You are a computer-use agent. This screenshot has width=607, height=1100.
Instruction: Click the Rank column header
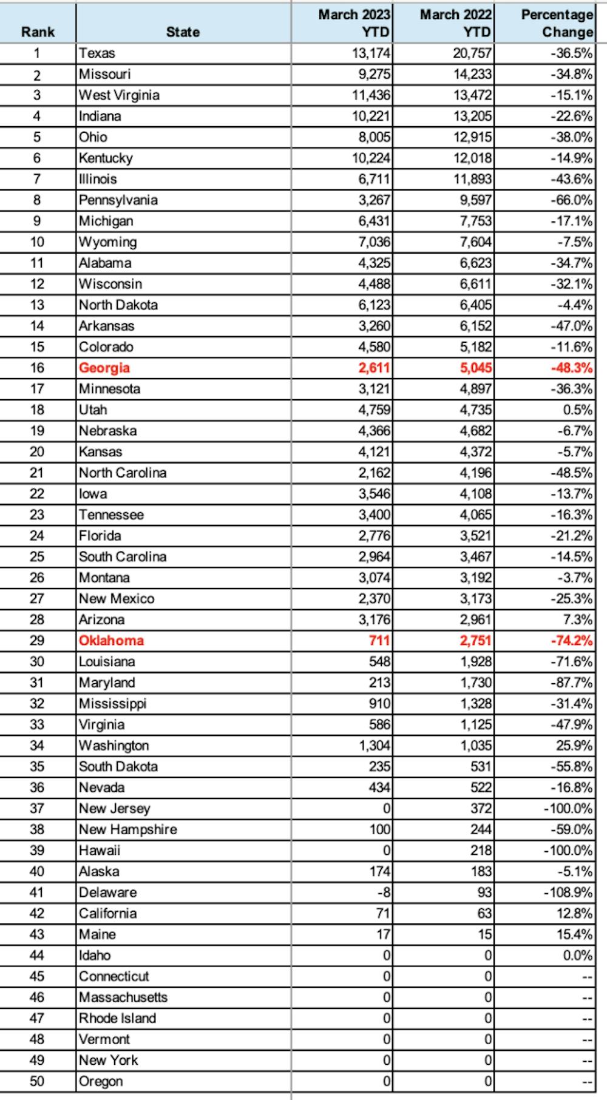[x=38, y=32]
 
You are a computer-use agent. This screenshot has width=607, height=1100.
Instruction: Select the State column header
[x=183, y=32]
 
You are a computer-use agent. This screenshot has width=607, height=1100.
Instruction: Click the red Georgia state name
[x=104, y=368]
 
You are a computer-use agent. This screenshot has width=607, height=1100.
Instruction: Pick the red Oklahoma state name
[x=111, y=641]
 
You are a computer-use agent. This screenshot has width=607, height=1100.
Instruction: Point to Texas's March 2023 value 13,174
[x=371, y=53]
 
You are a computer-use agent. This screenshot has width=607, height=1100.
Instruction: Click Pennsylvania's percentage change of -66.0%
[x=571, y=200]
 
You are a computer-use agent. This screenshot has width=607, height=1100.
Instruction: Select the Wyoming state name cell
[x=108, y=242]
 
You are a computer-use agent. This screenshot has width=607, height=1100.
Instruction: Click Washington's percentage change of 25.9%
[x=574, y=746]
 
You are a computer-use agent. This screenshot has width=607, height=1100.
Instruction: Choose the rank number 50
[x=37, y=1081]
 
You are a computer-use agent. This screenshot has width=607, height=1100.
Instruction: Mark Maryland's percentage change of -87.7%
[x=571, y=683]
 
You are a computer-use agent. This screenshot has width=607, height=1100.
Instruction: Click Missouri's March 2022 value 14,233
[x=472, y=75]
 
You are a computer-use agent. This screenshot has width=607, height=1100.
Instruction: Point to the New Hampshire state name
[x=128, y=829]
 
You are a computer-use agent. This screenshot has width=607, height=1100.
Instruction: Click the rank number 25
[x=37, y=557]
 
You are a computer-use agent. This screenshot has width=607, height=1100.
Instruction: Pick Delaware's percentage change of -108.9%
[x=568, y=892]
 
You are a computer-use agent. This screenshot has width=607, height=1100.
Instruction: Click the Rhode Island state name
[x=118, y=1018]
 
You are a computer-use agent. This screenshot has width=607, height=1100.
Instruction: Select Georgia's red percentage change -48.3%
[x=571, y=368]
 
